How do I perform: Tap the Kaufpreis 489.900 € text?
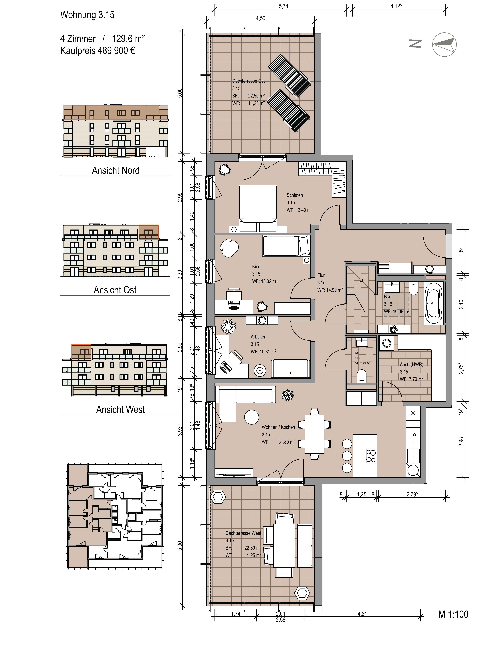click(98, 51)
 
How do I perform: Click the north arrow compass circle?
click(444, 44)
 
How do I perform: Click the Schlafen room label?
click(295, 195)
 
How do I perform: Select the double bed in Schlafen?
click(258, 209)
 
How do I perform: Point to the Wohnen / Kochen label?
click(278, 427)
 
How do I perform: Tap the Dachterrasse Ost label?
click(249, 81)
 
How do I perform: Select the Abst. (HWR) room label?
click(411, 364)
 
